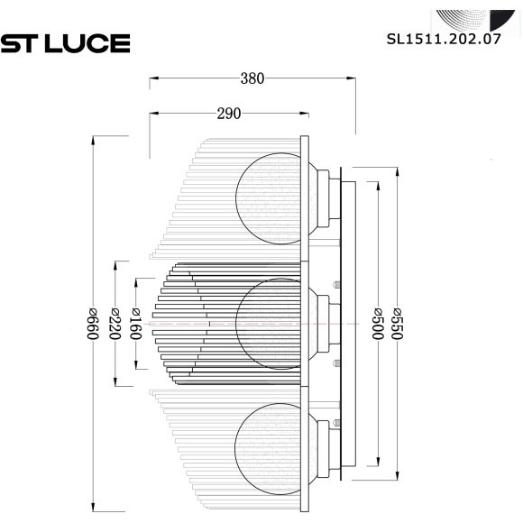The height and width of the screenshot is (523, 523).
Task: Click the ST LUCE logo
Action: pos(65,42)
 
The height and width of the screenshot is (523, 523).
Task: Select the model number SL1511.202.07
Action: pos(443,40)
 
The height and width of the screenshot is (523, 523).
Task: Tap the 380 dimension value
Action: pos(252,78)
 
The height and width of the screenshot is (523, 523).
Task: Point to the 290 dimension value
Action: pos(229,113)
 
